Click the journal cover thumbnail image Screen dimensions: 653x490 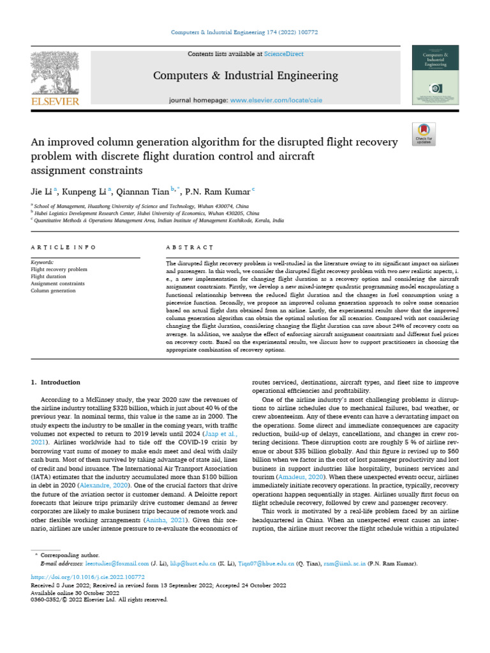436,75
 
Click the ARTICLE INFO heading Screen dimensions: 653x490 63,247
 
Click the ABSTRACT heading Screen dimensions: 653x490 189,247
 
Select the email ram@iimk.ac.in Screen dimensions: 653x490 342,564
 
